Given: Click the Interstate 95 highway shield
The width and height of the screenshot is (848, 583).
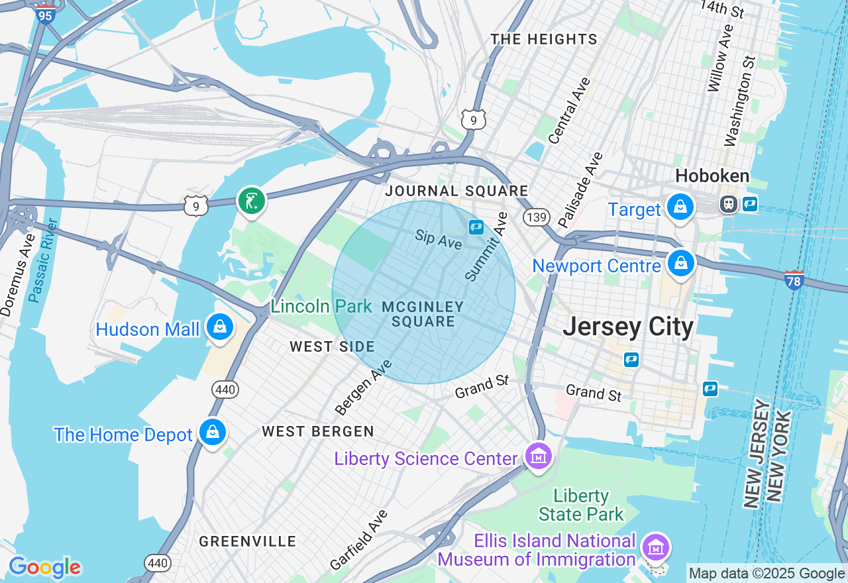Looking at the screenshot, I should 45,14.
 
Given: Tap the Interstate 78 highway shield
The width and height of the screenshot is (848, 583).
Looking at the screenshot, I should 794,280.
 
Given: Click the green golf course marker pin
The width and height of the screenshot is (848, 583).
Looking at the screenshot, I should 251,200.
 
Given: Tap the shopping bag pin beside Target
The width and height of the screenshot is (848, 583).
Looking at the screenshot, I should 680,207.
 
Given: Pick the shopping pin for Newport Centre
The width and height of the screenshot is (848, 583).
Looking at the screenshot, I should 680,263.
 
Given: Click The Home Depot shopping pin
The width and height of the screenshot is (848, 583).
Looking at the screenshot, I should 213,433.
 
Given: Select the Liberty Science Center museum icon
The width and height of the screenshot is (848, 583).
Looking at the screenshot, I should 539,456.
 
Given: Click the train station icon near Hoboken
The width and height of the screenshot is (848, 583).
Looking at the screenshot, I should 729,203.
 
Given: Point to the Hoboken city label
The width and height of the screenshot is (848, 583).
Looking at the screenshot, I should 712,176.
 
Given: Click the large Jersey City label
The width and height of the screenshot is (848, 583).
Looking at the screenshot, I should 628,327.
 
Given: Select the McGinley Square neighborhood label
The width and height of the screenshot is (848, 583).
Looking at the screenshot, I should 423,314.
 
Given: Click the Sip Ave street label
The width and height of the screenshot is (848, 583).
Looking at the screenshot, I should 439,240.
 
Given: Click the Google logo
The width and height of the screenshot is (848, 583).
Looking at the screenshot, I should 44,568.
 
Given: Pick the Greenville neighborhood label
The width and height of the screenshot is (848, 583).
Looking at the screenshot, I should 248,541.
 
